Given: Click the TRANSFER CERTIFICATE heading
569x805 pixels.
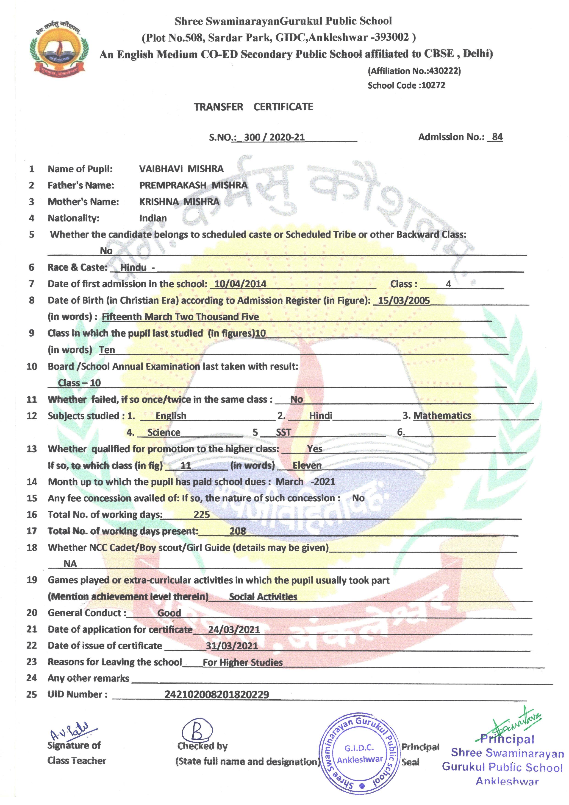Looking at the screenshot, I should point(253,107).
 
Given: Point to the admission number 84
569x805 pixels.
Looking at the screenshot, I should point(497,137).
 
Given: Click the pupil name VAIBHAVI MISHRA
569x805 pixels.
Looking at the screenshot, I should point(181,169).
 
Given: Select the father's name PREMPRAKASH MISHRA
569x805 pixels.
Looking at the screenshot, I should point(193,185).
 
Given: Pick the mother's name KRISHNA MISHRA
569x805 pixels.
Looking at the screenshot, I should point(179,202).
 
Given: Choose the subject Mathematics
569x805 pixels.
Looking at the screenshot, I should point(442,416).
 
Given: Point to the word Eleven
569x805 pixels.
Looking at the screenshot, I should point(307,466).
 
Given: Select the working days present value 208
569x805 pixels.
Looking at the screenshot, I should point(238,531).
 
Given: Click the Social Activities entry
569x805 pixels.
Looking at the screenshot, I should point(263,597).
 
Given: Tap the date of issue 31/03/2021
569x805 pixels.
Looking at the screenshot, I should point(232,646).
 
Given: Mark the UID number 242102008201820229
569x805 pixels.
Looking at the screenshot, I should point(216,695).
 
